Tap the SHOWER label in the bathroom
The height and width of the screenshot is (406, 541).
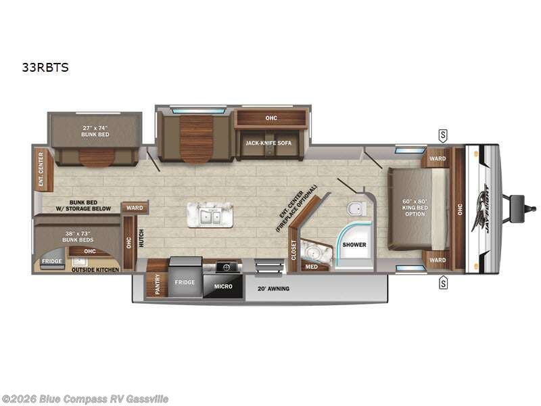click(x=354, y=244)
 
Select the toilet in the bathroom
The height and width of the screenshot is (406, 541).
click(x=352, y=208)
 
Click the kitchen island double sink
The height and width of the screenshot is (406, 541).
click(x=210, y=216)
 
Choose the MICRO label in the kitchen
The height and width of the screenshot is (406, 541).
click(x=223, y=286)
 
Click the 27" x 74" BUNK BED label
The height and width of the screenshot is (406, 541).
click(x=95, y=130)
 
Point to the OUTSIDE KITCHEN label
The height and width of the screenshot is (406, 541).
click(x=95, y=269)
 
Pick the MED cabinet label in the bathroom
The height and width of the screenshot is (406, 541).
click(x=311, y=266)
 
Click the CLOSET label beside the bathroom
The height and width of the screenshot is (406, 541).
click(x=293, y=250)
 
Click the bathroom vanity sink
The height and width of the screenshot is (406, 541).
click(x=314, y=252)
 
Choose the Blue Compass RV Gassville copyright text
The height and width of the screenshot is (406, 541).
click(x=85, y=399)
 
